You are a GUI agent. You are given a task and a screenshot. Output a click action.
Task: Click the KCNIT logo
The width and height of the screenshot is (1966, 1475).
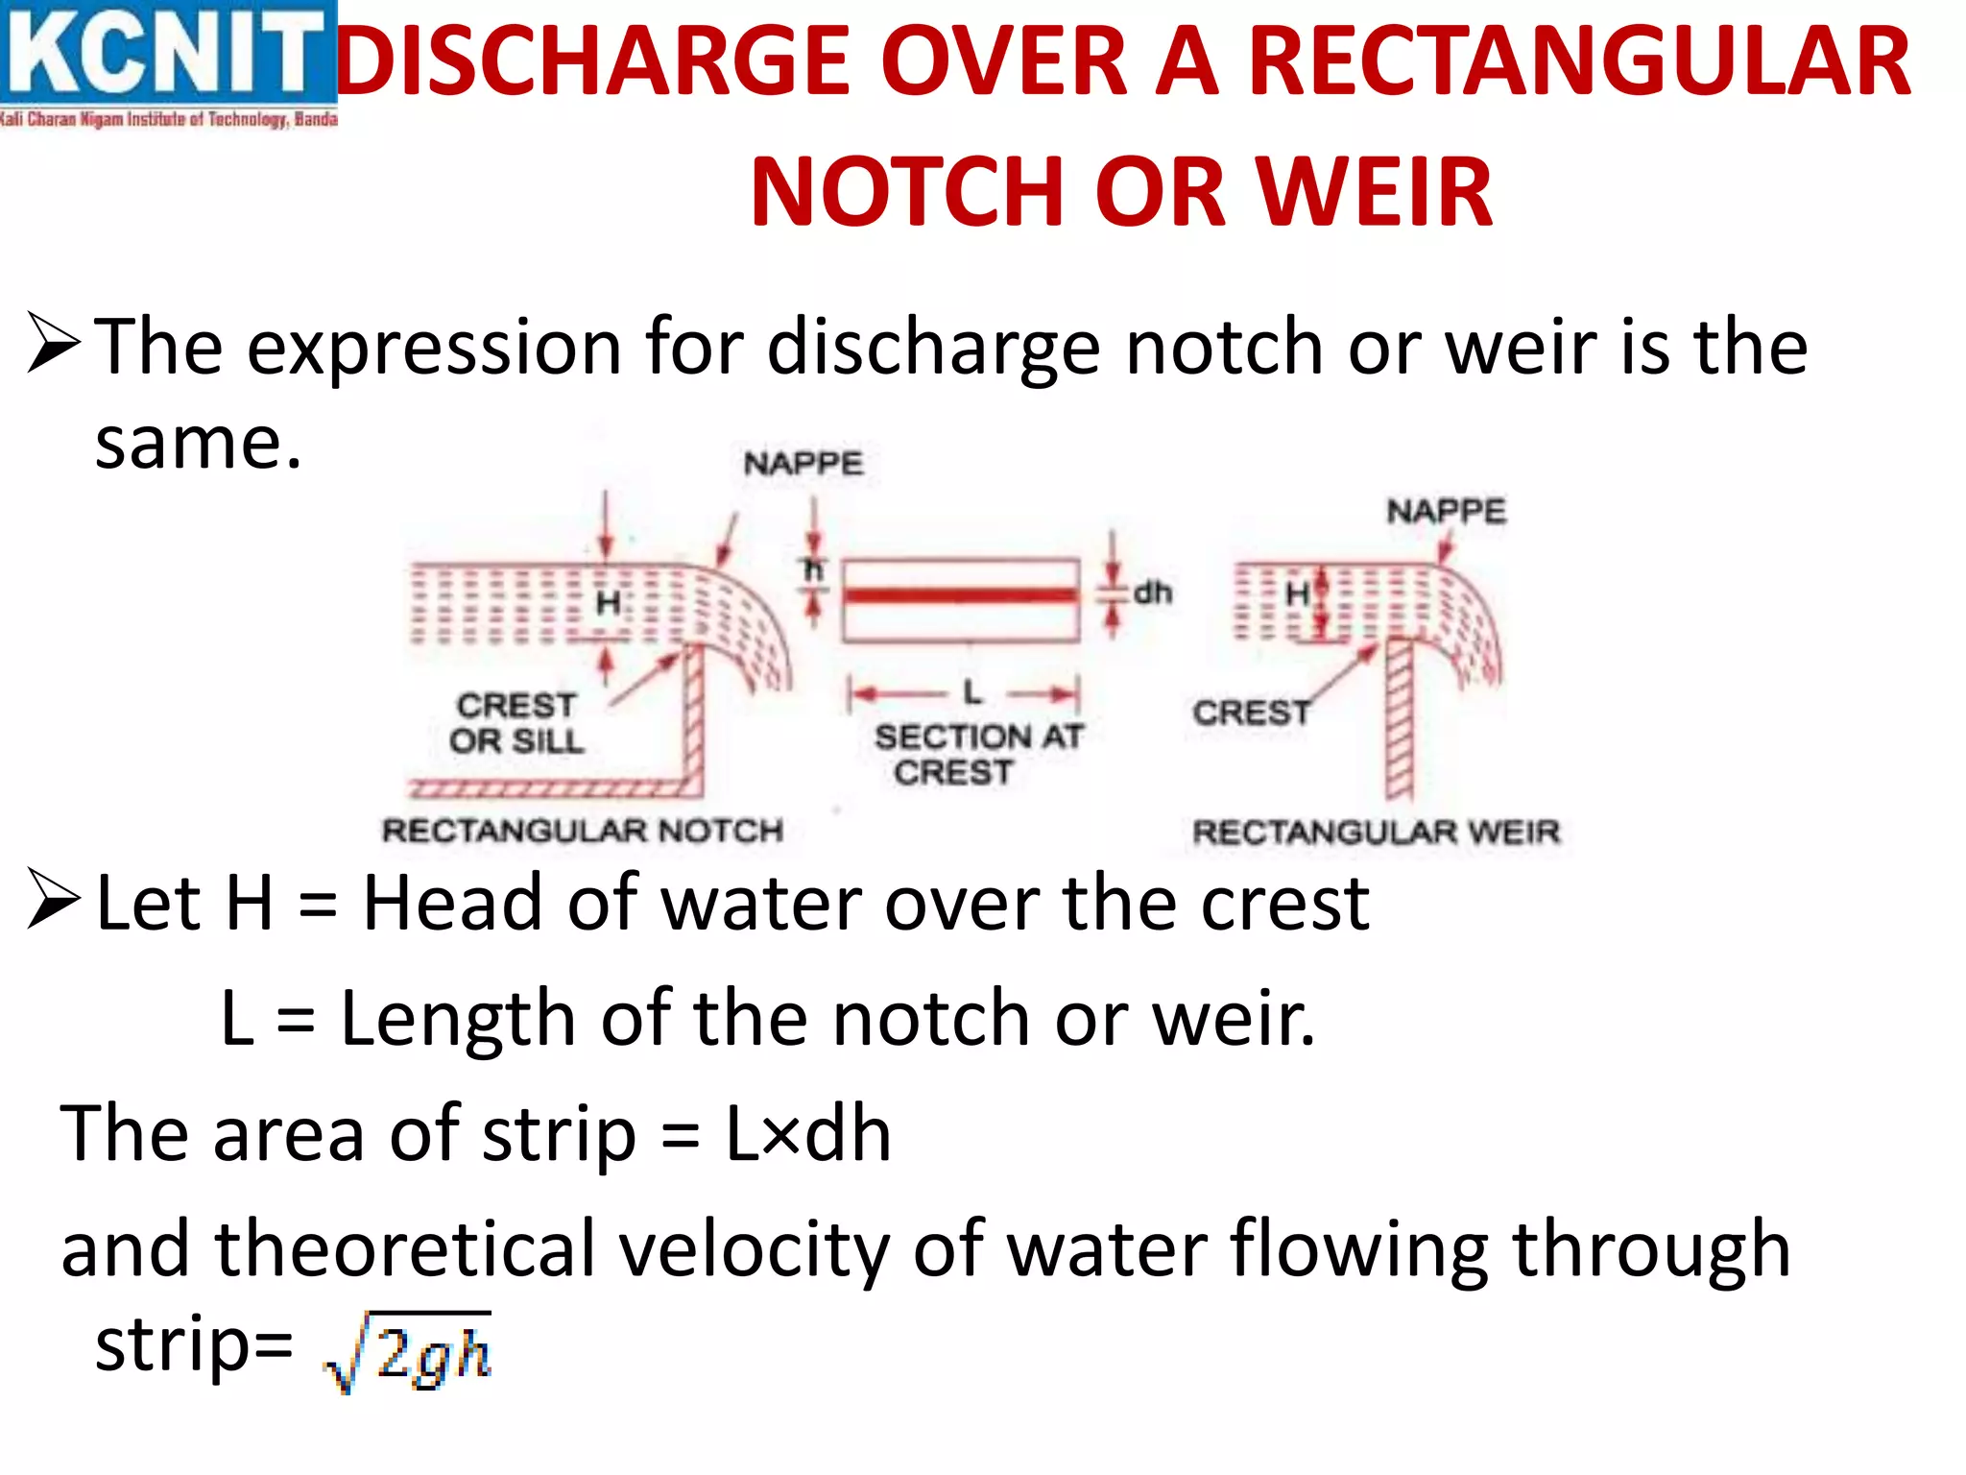(168, 63)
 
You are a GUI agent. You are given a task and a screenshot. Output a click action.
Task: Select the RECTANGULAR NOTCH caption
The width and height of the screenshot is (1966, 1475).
(583, 831)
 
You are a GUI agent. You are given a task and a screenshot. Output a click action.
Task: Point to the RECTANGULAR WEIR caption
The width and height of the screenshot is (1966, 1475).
(1376, 832)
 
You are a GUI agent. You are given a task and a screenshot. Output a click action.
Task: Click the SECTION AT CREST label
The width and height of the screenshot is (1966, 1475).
(978, 754)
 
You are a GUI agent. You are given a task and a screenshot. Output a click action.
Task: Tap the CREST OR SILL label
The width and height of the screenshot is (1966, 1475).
(516, 723)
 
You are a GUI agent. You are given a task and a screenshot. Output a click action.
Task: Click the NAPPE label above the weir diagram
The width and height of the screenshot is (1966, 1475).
(1446, 511)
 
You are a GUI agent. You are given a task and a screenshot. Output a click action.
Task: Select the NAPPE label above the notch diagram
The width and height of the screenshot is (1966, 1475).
(803, 464)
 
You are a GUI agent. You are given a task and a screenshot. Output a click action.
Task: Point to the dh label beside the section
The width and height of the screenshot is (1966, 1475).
(1153, 593)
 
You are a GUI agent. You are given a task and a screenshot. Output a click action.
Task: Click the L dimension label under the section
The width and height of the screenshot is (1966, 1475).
(972, 691)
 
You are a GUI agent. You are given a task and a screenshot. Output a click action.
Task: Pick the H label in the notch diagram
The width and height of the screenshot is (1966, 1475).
(608, 604)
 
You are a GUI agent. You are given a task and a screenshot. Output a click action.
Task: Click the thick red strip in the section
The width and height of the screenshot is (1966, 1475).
(961, 595)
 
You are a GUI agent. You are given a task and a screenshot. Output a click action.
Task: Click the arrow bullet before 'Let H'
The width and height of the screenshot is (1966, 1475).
(54, 900)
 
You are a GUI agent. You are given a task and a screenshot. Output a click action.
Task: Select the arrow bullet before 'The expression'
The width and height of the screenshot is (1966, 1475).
(54, 344)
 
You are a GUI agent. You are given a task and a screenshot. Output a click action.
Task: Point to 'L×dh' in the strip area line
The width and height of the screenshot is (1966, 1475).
(808, 1134)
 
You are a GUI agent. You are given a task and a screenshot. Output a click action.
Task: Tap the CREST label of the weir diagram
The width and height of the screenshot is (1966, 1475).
(1251, 713)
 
